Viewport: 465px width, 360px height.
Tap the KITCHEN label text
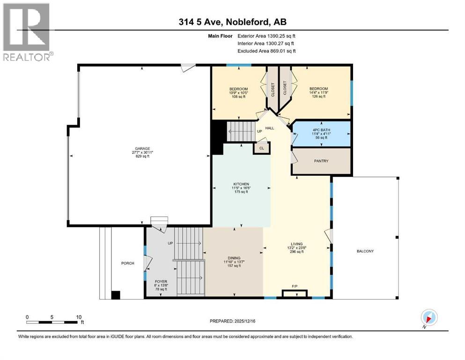242,184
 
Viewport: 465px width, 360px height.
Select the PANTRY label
321,161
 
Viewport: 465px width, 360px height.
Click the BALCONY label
364,251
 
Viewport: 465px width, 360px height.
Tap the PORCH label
127,263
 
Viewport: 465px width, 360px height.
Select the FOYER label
161,282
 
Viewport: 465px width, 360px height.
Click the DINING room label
234,258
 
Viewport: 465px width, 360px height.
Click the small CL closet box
261,148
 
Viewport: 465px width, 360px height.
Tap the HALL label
270,128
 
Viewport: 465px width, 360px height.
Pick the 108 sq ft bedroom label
238,89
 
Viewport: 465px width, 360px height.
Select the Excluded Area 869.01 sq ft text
266,51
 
